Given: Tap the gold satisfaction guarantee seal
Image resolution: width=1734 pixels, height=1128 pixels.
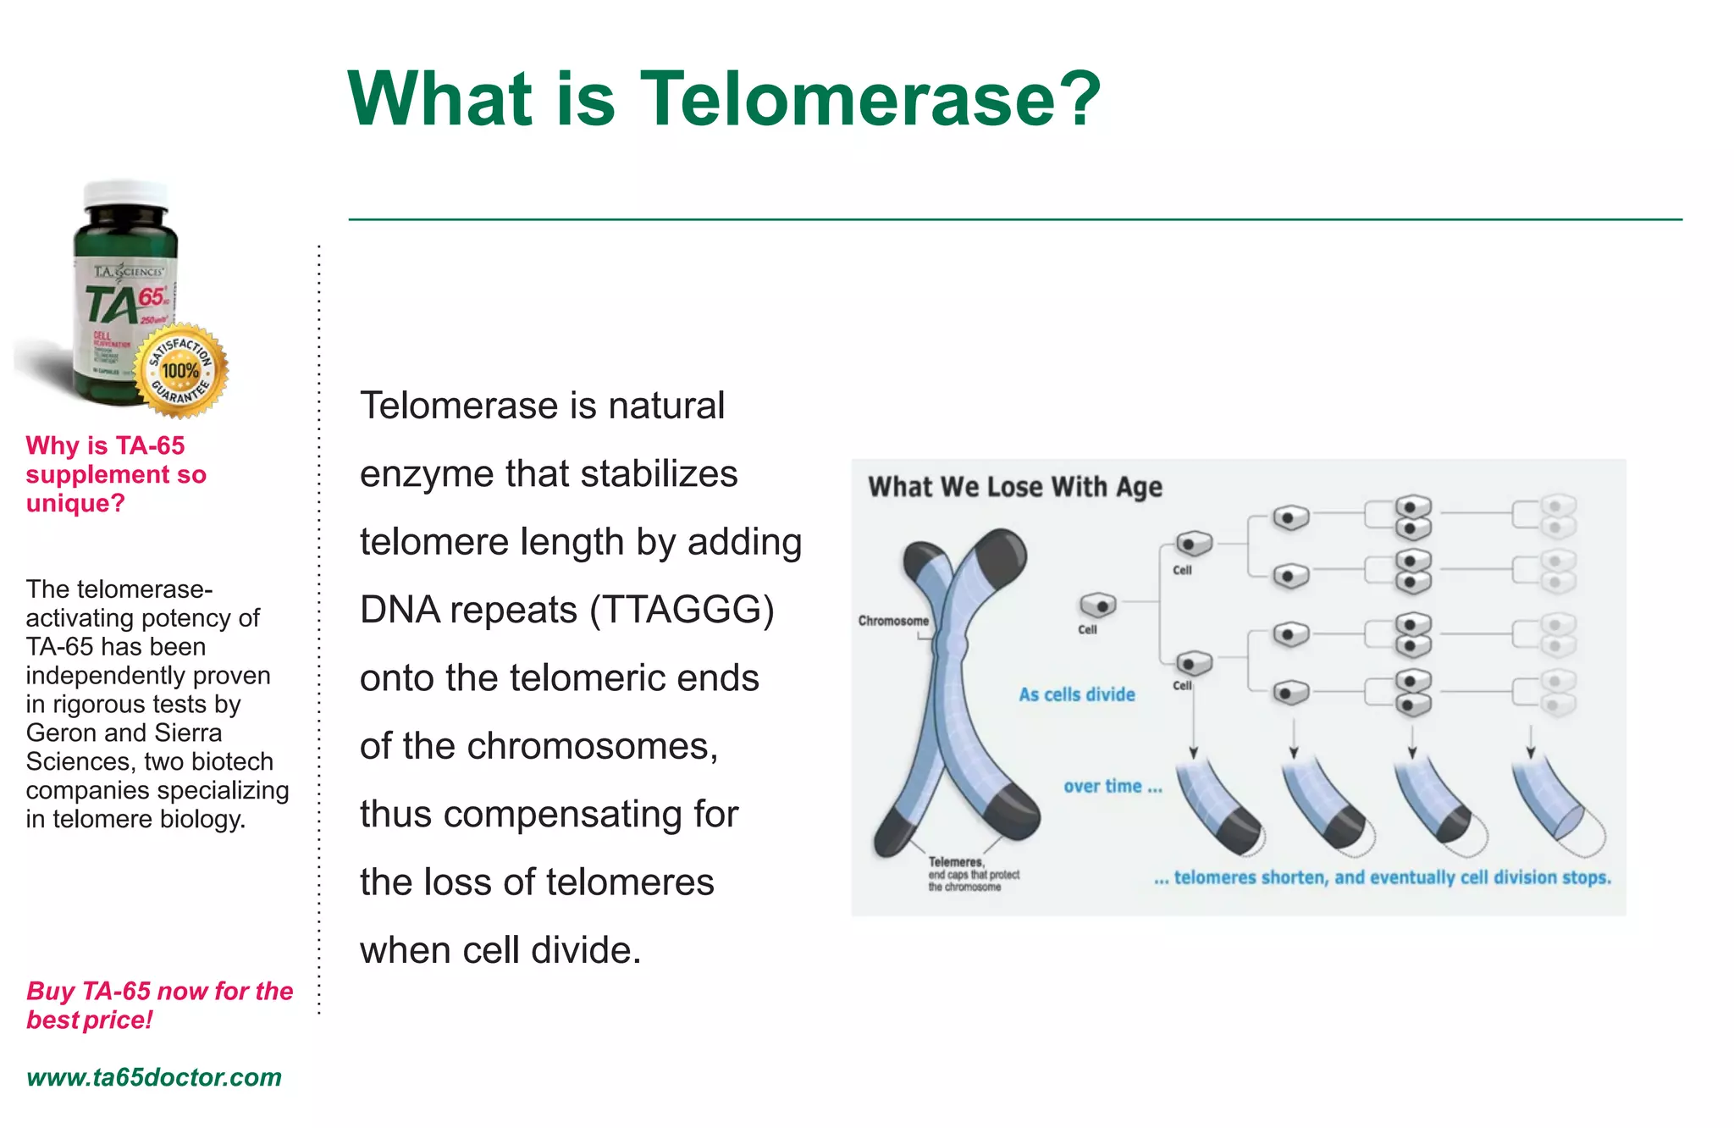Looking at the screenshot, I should (181, 370).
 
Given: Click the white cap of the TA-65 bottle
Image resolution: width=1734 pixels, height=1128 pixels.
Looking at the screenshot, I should (127, 194).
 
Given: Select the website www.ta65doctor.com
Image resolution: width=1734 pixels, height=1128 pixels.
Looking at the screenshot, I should (153, 1077).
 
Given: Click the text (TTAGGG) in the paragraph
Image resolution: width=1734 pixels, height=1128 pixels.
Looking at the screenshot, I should (682, 610).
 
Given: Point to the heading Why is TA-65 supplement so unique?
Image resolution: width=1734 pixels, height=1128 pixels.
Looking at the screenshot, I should (115, 474).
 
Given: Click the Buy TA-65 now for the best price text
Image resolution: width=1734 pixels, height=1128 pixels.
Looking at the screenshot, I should (158, 1005).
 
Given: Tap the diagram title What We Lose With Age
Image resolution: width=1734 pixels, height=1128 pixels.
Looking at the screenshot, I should (1014, 487).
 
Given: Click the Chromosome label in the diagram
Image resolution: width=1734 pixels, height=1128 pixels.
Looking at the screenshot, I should (892, 621).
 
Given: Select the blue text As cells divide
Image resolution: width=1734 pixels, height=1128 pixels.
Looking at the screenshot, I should (1076, 694).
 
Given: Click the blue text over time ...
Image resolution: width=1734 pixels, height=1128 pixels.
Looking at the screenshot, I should (1112, 786).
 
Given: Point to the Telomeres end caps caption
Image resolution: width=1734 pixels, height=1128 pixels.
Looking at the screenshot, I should (972, 874).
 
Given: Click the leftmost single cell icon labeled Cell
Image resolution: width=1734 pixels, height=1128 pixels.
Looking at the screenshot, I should (1097, 605).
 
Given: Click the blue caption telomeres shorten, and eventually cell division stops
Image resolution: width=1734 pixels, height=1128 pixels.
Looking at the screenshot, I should (1382, 877).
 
